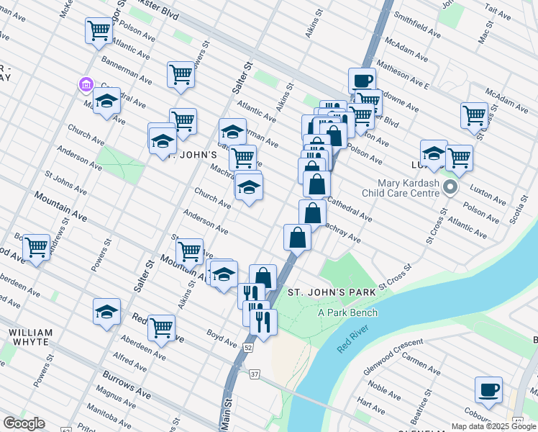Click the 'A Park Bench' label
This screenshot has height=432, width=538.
click(x=348, y=312)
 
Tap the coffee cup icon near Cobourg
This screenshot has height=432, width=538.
click(x=488, y=390)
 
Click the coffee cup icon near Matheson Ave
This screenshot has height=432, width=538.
click(x=362, y=80)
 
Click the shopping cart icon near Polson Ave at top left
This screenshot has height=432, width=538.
click(x=99, y=31)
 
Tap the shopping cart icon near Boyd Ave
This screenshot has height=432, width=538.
click(x=162, y=328)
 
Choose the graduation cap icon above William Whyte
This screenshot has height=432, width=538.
click(x=106, y=312)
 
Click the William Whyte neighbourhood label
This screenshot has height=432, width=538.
click(x=31, y=338)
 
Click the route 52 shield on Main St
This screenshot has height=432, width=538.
click(x=248, y=347)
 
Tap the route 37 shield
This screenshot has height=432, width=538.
click(x=255, y=374)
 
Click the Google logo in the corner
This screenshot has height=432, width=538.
click(x=24, y=423)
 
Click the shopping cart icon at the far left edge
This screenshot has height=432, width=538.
click(x=35, y=247)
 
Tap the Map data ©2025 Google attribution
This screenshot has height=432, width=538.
click(x=493, y=426)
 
